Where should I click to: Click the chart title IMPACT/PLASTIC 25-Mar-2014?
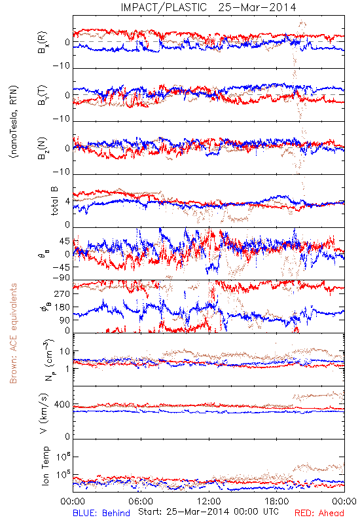point(208,7)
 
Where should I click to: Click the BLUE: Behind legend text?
point(101,513)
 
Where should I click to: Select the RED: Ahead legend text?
point(319,513)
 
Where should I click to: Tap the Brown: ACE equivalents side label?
point(13,333)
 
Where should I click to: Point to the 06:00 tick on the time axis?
point(140,501)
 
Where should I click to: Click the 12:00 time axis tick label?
point(209,501)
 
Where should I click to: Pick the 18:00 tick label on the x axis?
point(276,501)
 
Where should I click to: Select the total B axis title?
point(54,201)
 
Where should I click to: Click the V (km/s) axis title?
point(44,413)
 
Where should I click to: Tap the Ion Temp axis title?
point(45,466)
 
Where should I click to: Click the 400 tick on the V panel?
point(62,405)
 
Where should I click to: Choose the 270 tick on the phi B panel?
point(62,293)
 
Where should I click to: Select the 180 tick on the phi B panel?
point(62,307)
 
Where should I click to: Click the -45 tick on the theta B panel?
point(61,267)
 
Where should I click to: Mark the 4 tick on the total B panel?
point(68,202)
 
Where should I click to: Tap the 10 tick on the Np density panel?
point(65,352)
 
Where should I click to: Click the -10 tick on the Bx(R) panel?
point(61,66)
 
